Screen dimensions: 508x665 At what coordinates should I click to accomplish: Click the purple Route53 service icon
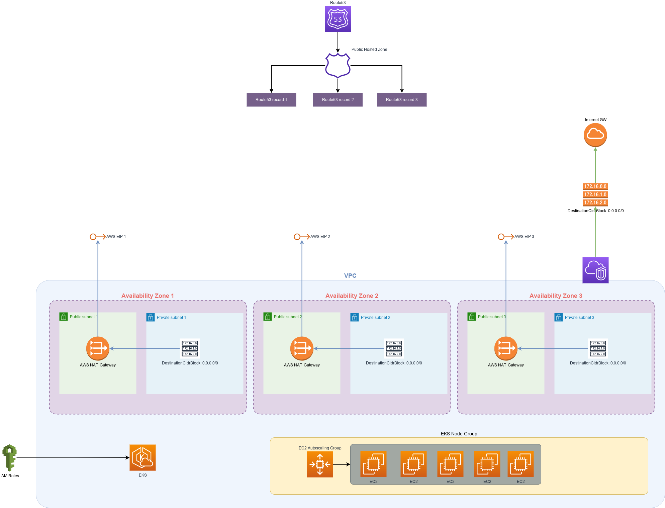click(x=338, y=19)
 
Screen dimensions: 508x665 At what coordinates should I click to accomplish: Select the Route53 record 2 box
click(x=338, y=100)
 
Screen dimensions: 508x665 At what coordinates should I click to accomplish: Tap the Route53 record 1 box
click(x=271, y=100)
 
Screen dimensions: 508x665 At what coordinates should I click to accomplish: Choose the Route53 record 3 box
click(x=402, y=100)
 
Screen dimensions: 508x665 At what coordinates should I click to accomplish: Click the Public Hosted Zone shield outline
click(x=338, y=65)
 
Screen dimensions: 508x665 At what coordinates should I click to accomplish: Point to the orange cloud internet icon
click(x=595, y=135)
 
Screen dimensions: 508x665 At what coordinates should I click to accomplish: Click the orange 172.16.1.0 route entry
click(x=595, y=194)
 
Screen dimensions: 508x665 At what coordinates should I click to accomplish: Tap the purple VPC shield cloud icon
click(x=595, y=270)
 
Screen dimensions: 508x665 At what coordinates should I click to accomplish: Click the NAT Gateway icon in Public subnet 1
click(x=98, y=348)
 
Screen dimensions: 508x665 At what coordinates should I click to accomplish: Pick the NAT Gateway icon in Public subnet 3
click(x=506, y=348)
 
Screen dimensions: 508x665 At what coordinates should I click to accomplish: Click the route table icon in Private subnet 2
click(x=394, y=348)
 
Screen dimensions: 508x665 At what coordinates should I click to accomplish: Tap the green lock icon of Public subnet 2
click(x=268, y=317)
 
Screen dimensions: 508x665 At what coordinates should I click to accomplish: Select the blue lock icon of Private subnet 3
click(x=559, y=317)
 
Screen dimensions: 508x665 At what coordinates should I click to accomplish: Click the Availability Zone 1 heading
click(x=148, y=296)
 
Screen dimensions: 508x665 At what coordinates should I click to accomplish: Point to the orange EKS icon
click(x=143, y=457)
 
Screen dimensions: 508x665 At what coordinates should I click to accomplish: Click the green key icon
click(x=10, y=457)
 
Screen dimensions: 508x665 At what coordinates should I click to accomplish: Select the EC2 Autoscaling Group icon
click(x=320, y=464)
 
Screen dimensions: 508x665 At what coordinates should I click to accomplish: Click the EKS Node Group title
click(x=459, y=434)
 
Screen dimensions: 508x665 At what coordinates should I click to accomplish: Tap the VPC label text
click(x=350, y=276)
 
